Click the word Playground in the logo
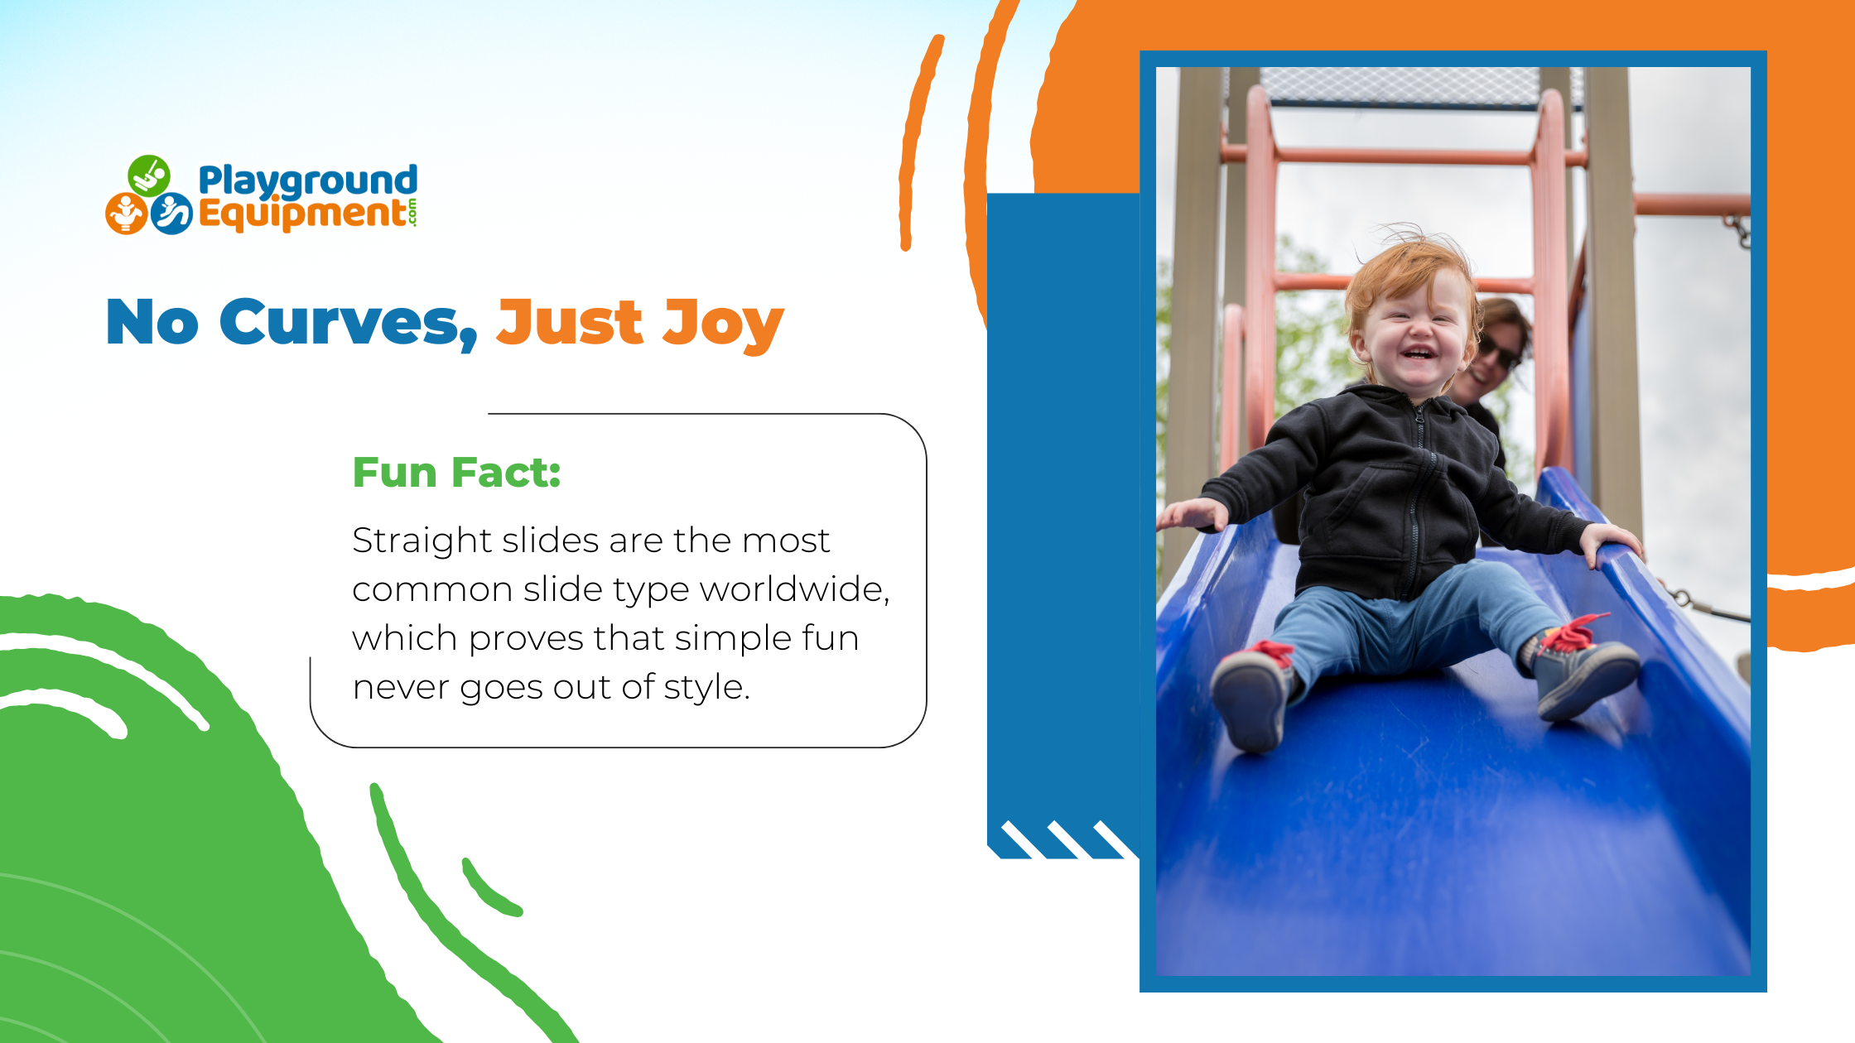307,181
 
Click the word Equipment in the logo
302,214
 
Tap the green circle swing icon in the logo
149,175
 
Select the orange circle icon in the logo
127,214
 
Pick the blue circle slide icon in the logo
171,214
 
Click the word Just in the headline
569,322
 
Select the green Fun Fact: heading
457,473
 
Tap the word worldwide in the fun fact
795,590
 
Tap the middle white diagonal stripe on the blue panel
1069,839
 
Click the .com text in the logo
412,213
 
